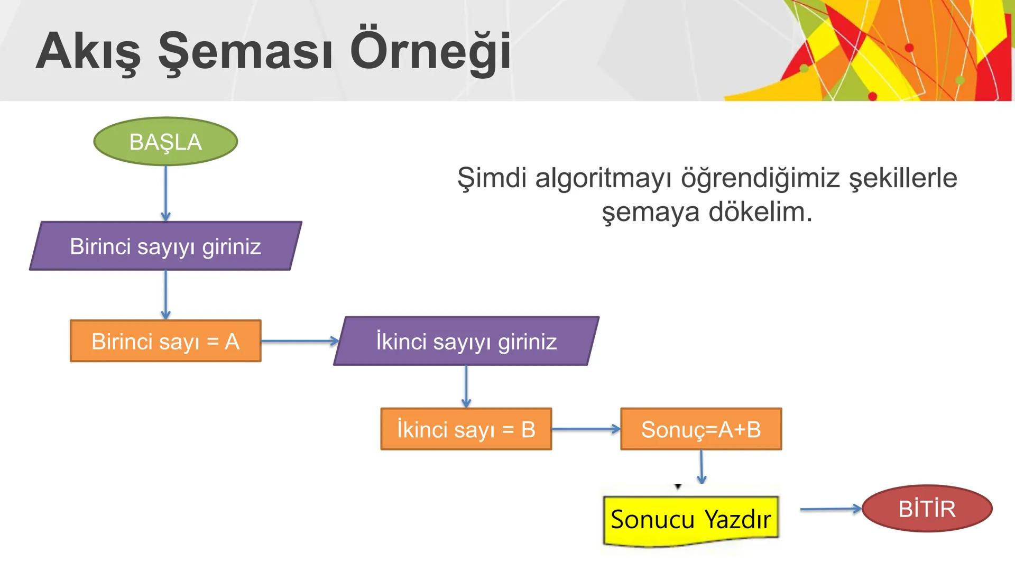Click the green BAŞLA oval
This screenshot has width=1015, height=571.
tap(165, 141)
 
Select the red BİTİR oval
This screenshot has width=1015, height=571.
tap(927, 509)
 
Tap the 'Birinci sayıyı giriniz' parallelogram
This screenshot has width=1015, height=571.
tap(165, 246)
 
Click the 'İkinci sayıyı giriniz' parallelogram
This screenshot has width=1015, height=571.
tap(466, 341)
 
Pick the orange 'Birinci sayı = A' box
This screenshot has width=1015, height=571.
tap(165, 341)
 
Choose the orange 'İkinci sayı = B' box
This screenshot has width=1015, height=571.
tap(466, 429)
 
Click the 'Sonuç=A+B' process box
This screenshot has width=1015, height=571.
tap(701, 429)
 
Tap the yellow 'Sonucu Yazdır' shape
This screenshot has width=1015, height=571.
tap(690, 520)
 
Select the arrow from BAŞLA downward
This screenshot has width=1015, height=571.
tap(165, 193)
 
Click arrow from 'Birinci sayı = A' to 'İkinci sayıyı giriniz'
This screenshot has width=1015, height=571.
tap(299, 341)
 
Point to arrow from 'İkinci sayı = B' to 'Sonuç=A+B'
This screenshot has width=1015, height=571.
tap(585, 429)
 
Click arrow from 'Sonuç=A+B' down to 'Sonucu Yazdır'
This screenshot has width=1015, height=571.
tap(701, 466)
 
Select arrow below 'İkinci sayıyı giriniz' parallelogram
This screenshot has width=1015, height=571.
tap(466, 386)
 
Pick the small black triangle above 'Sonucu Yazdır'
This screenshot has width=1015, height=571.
tap(678, 486)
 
